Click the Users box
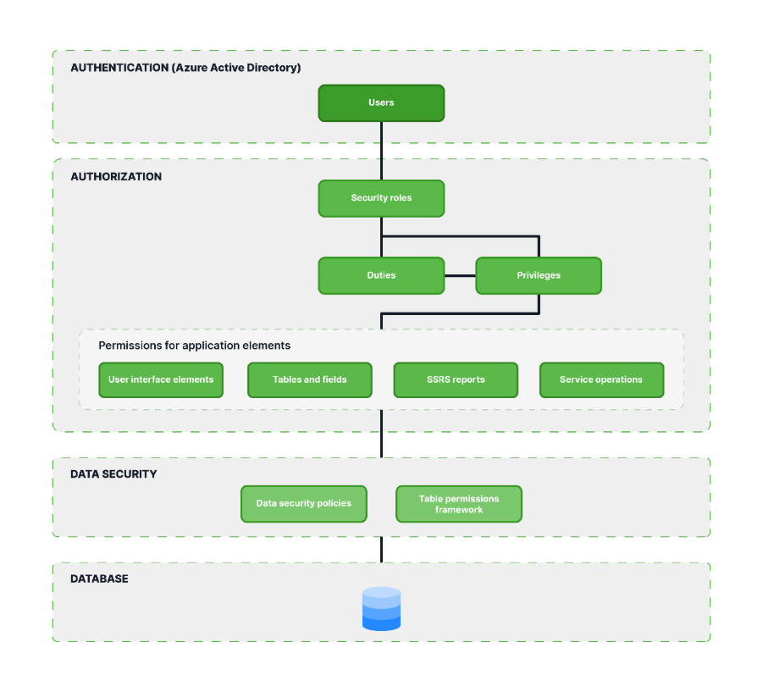coord(381,102)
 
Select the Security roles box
coord(381,198)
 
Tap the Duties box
coord(381,275)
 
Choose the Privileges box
coord(539,275)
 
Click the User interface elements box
coord(161,379)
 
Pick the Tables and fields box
coord(309,379)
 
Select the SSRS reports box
coord(456,379)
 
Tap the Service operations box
coord(601,379)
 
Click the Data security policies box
coord(304,504)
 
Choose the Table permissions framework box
coord(459,504)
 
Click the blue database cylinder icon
coord(381,609)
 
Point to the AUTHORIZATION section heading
coord(116,177)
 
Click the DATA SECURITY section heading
coord(113,474)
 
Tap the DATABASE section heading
coord(99,579)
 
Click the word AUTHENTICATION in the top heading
coord(119,68)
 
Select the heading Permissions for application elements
coord(194,346)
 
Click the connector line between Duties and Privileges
coord(460,276)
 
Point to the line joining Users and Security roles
coord(381,151)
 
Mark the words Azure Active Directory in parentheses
coord(236,68)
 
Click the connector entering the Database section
coord(381,550)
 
